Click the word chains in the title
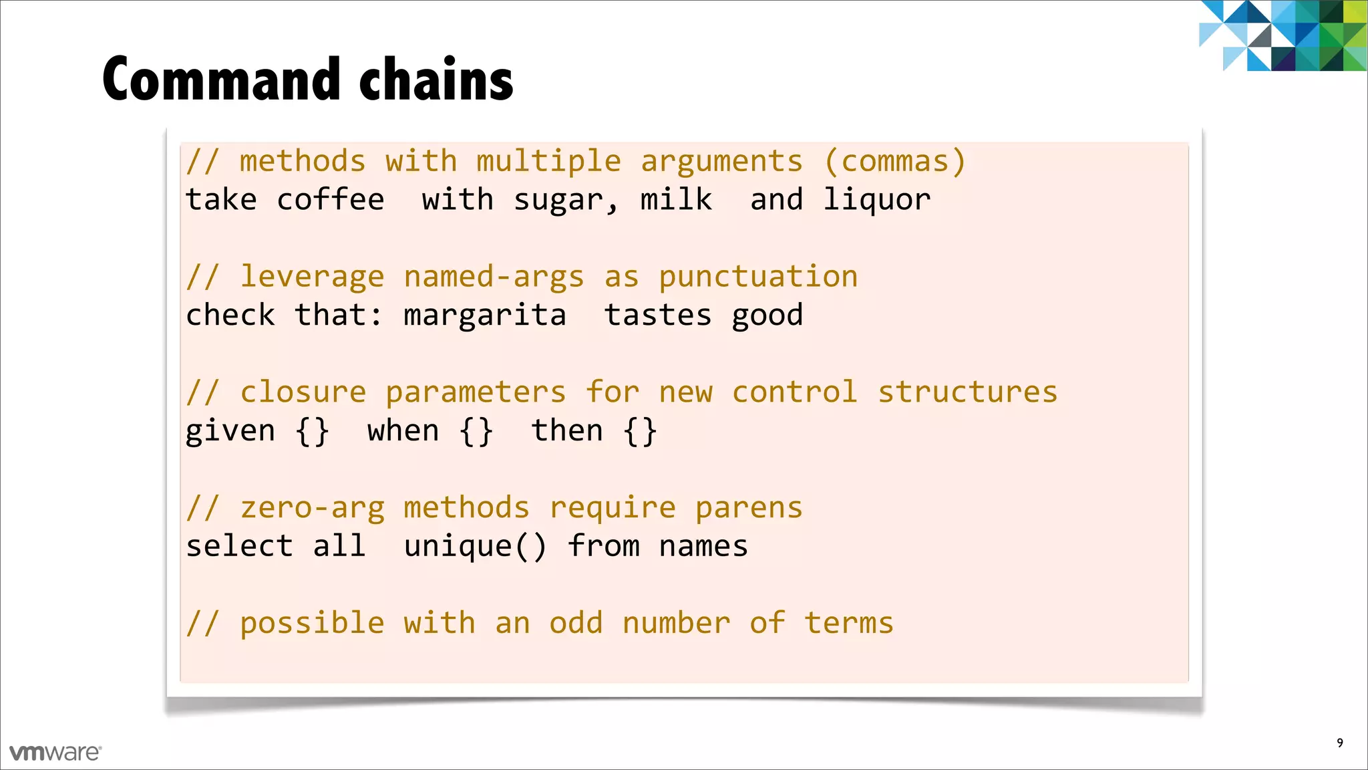click(x=436, y=80)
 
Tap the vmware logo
click(x=55, y=753)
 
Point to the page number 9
click(x=1339, y=743)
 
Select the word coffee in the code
click(x=331, y=200)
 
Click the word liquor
click(x=876, y=200)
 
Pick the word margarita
click(x=485, y=315)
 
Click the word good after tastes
click(x=767, y=315)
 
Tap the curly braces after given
click(x=312, y=431)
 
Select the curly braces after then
click(x=640, y=431)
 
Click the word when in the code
click(x=403, y=431)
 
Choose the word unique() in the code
click(x=476, y=547)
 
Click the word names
click(x=703, y=547)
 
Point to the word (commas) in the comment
click(x=895, y=162)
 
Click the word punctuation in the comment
click(x=758, y=277)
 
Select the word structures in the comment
click(x=967, y=392)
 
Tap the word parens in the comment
click(x=749, y=509)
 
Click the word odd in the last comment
click(x=576, y=623)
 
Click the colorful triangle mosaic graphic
click(x=1282, y=35)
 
